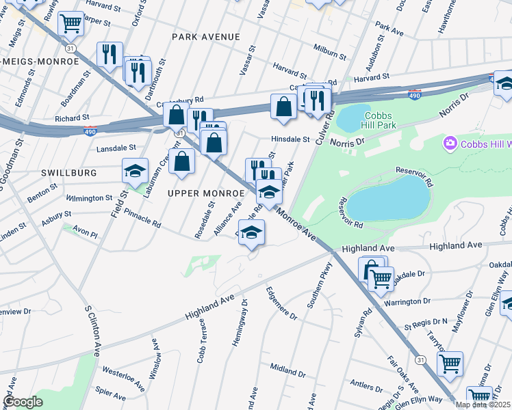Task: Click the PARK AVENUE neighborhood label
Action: tap(206, 36)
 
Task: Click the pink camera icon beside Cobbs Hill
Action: tap(450, 143)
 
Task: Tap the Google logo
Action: tap(23, 402)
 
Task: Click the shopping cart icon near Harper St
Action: tap(71, 23)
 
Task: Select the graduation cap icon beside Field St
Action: tap(136, 170)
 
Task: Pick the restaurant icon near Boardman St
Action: tap(110, 54)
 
